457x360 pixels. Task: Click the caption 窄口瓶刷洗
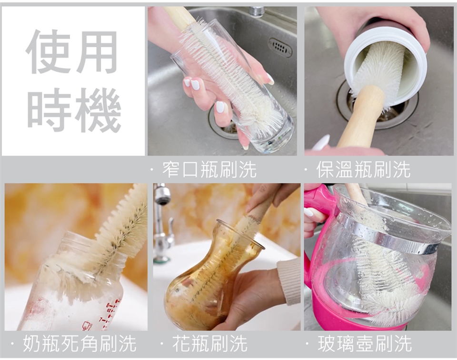[209, 170]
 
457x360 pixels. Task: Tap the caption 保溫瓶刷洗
[363, 170]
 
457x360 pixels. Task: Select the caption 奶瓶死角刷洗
[79, 344]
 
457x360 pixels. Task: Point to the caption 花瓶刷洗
[209, 344]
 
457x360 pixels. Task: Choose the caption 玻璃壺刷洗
[365, 344]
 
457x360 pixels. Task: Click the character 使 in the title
[48, 51]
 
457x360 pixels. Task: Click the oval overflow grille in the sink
[280, 47]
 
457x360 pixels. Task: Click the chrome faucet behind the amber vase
[163, 221]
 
